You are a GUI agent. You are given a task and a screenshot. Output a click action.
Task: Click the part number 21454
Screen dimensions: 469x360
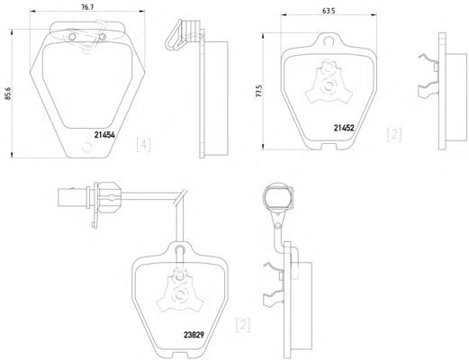tap(104, 135)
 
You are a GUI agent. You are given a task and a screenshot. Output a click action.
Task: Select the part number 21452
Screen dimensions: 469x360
tap(344, 128)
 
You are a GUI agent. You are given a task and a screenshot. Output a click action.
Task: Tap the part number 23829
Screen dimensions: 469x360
tap(194, 335)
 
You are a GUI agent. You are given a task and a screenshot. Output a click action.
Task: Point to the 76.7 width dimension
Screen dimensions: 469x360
tap(87, 8)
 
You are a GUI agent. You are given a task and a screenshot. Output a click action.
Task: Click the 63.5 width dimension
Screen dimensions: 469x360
tap(329, 11)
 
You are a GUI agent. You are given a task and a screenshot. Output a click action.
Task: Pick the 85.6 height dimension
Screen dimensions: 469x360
tap(8, 94)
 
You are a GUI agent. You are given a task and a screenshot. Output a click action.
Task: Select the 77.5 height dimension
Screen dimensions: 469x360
tap(259, 91)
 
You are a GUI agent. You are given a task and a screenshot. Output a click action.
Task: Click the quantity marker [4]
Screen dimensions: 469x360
tap(144, 145)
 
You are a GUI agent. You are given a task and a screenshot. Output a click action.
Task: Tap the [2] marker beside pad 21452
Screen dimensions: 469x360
tap(394, 134)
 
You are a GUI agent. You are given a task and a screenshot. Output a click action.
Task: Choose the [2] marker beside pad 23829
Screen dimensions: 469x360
tap(243, 325)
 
